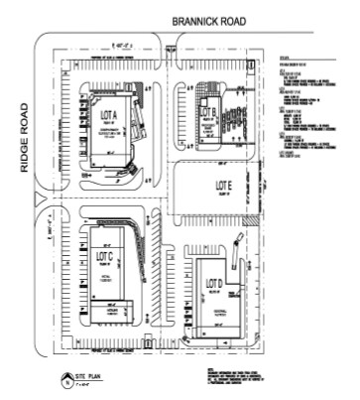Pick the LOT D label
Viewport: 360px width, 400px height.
pos(211,284)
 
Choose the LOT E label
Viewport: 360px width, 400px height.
pos(224,186)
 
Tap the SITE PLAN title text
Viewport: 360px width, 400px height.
pos(104,378)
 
